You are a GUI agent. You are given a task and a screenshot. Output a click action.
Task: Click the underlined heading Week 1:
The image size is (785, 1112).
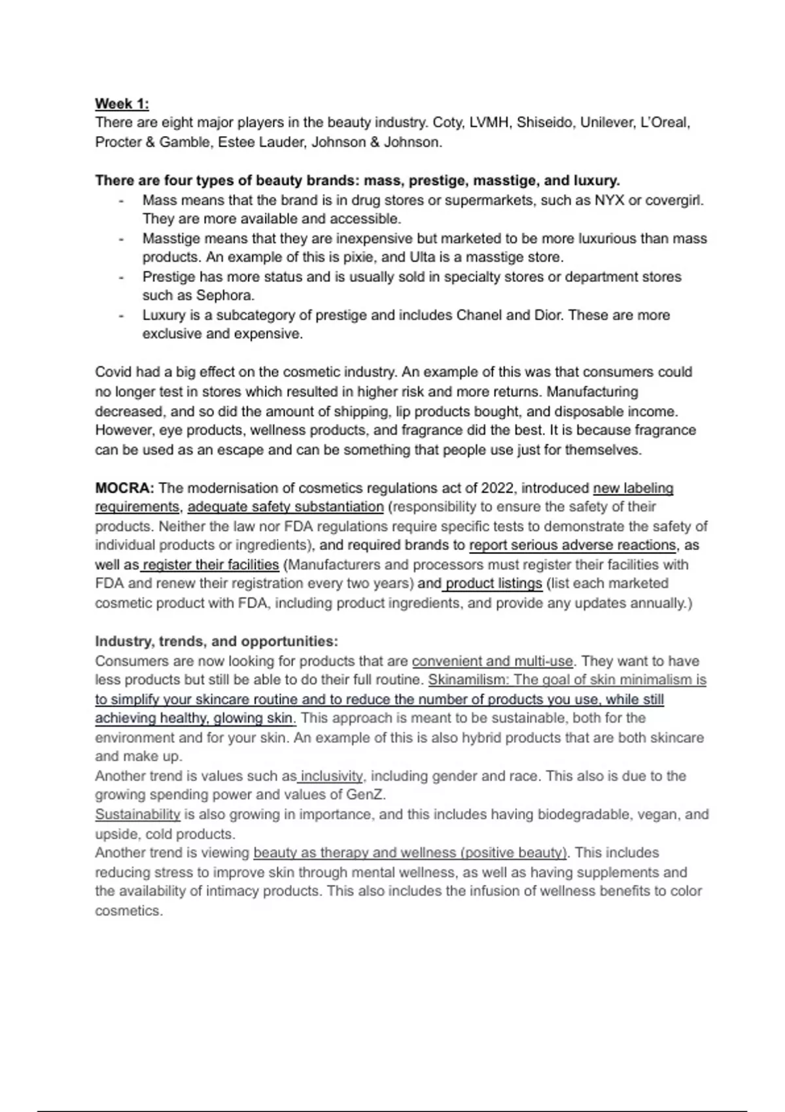tap(122, 103)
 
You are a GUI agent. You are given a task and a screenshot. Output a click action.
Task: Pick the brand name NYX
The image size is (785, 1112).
tap(609, 200)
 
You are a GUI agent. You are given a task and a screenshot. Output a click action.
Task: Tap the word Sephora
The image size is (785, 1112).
tap(224, 295)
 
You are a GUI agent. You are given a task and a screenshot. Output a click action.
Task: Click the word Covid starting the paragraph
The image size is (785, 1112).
tap(113, 372)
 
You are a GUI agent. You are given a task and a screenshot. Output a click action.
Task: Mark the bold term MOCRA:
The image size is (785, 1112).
tap(124, 488)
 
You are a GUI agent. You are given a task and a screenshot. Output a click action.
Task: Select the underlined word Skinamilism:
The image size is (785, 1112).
tap(469, 680)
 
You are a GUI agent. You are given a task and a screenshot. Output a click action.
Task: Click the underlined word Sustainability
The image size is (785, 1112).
tap(137, 814)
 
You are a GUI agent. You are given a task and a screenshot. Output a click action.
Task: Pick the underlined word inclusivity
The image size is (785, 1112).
tap(331, 776)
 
